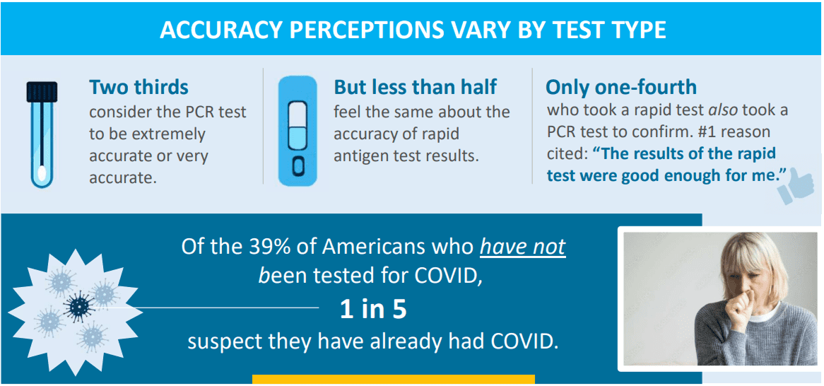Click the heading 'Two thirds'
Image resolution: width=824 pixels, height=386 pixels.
[139, 88]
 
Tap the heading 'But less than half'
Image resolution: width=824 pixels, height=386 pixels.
[415, 87]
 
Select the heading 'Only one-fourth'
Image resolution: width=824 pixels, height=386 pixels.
[621, 87]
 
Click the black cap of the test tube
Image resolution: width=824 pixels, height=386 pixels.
[42, 91]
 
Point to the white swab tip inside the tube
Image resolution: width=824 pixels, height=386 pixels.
[42, 173]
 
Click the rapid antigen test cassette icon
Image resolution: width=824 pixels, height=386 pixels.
[298, 131]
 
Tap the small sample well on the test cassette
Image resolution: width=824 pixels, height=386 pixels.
[298, 167]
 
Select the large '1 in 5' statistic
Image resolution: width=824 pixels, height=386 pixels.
[372, 310]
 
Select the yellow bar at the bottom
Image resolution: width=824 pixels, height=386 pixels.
[393, 379]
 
